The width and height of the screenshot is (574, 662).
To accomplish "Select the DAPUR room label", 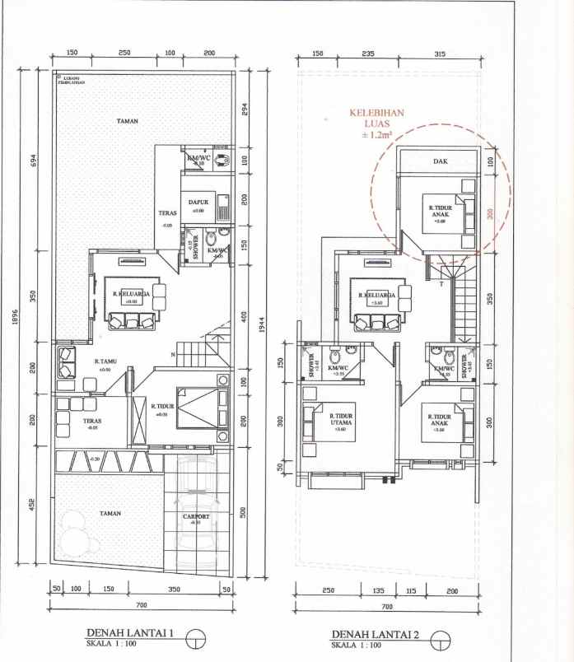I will point(197,202).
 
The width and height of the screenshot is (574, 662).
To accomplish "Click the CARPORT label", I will point(196,517).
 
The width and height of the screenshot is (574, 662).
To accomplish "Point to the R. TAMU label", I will point(103,361).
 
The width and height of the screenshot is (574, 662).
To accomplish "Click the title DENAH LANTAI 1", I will point(130,633).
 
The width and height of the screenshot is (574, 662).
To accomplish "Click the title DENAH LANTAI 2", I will point(374,634).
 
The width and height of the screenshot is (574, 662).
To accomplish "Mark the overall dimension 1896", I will point(15,317).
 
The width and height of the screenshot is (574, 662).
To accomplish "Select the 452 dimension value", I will point(33,503).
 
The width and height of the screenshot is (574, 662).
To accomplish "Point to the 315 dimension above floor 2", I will point(439,54).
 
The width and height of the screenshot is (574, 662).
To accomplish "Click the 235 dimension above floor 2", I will point(368,54).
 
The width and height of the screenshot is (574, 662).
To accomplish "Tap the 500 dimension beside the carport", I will point(244,512).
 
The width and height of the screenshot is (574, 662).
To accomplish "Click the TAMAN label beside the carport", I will point(110,513).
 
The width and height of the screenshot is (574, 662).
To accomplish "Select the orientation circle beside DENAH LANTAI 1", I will point(195,638).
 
